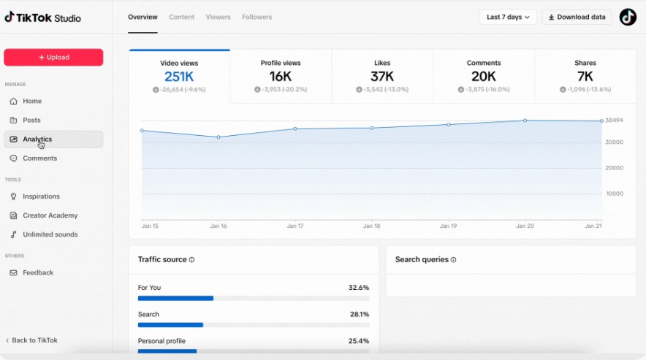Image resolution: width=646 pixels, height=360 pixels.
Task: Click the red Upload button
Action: pyautogui.click(x=53, y=57)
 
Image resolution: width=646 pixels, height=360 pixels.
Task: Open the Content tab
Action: pyautogui.click(x=181, y=17)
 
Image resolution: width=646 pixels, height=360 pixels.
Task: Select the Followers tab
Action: pyautogui.click(x=256, y=17)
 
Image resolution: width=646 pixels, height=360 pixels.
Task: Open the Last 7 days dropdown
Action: pyautogui.click(x=508, y=17)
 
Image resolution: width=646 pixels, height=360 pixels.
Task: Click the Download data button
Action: pyautogui.click(x=577, y=17)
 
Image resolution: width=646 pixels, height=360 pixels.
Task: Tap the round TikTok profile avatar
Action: pyautogui.click(x=628, y=17)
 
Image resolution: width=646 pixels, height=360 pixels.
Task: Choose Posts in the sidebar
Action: pyautogui.click(x=31, y=120)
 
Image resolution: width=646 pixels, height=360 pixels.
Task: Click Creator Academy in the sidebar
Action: pyautogui.click(x=50, y=215)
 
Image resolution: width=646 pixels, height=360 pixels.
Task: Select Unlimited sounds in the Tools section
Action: pyautogui.click(x=50, y=234)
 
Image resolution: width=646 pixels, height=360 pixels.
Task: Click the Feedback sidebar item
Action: pyautogui.click(x=37, y=272)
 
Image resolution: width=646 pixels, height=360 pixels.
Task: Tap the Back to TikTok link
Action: pyautogui.click(x=34, y=340)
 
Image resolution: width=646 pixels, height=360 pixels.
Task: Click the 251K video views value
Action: pyautogui.click(x=179, y=77)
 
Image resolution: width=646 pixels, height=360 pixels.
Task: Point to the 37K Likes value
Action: pyautogui.click(x=382, y=77)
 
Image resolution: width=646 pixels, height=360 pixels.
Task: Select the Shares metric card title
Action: pyautogui.click(x=585, y=63)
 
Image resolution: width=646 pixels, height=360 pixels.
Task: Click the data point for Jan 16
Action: pyautogui.click(x=218, y=137)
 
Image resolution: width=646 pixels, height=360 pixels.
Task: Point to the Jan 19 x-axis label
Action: pyautogui.click(x=449, y=226)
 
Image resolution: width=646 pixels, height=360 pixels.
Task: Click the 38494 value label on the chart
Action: pyautogui.click(x=615, y=120)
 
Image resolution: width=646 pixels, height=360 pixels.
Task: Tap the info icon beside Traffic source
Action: pyautogui.click(x=192, y=260)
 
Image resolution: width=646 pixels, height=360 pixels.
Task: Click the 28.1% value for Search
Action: pyautogui.click(x=359, y=315)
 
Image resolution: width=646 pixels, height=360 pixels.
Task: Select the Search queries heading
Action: pyautogui.click(x=422, y=259)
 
